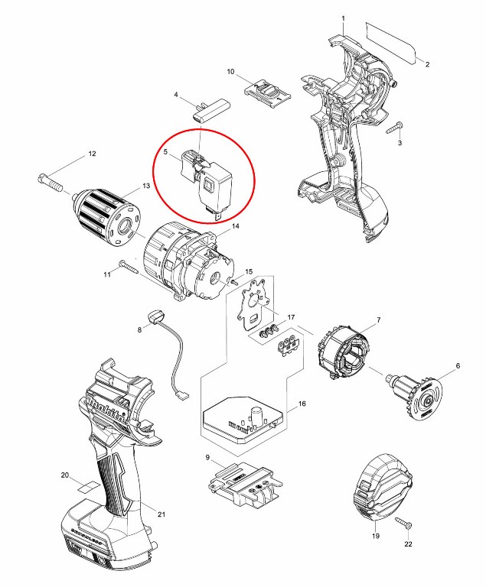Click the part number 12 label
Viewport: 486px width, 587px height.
[92, 154]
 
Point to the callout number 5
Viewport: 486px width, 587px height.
[165, 153]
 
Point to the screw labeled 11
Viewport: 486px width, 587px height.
[128, 267]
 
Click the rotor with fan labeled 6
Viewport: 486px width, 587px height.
[416, 393]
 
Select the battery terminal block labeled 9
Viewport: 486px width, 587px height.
[243, 485]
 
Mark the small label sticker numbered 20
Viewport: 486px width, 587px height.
[89, 485]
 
